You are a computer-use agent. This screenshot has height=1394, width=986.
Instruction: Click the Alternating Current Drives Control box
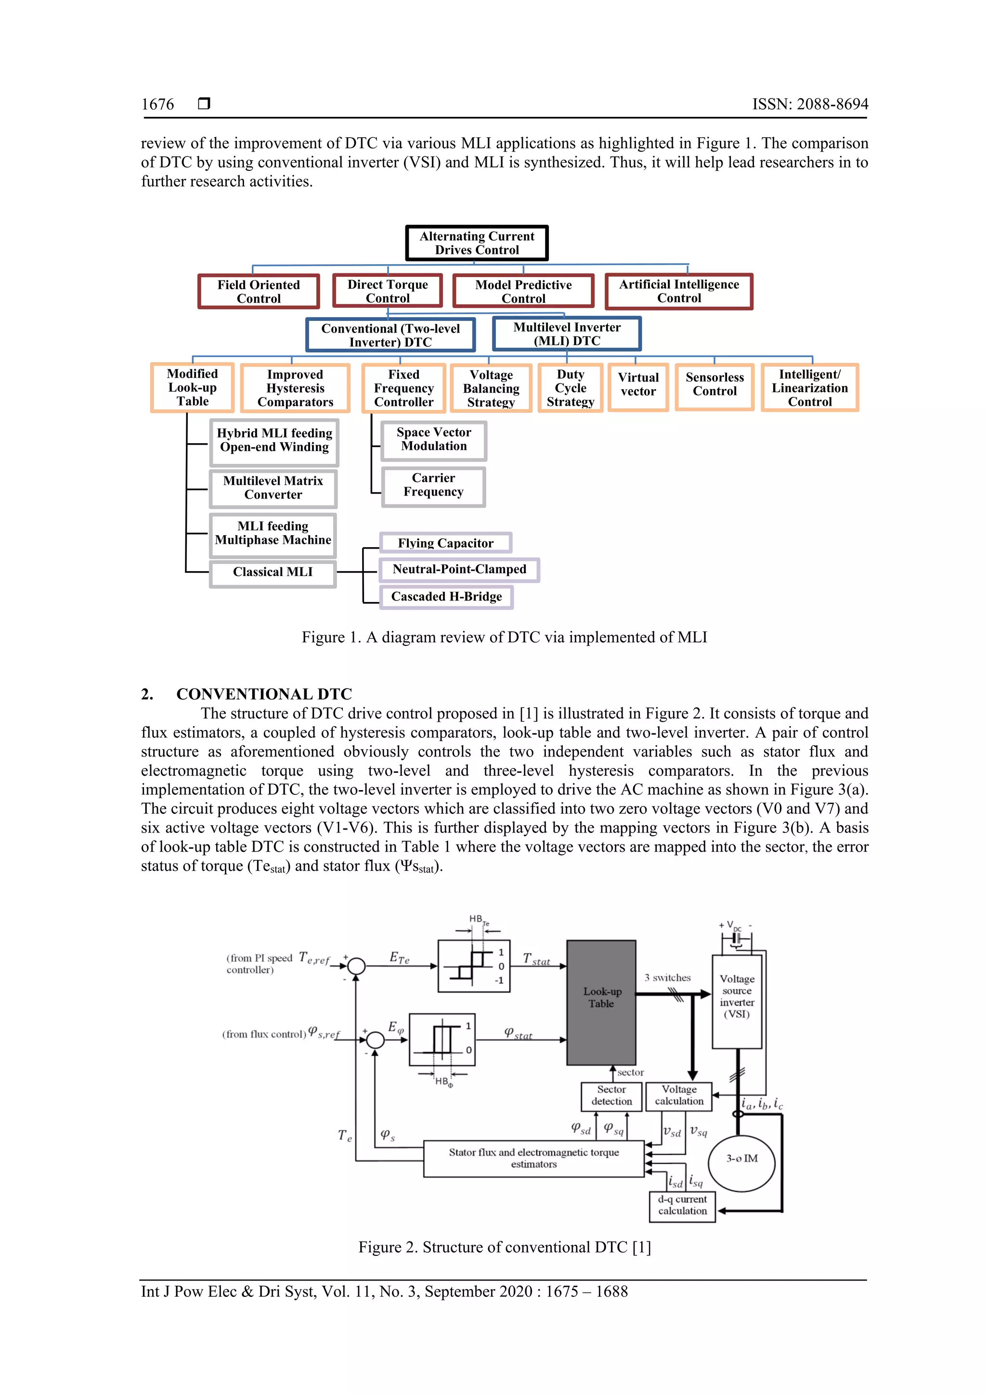pos(477,243)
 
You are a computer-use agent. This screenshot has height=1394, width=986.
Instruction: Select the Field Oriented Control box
pos(259,292)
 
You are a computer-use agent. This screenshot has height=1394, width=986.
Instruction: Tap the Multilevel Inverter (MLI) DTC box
pos(567,334)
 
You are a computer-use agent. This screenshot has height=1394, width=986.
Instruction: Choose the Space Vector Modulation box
pos(434,440)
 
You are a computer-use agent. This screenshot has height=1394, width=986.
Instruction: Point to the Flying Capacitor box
pos(445,543)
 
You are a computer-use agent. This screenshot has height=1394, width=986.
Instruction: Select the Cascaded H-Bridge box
pos(446,596)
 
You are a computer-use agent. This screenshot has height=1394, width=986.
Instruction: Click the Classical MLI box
pos(273,572)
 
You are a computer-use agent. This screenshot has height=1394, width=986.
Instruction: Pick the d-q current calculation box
pos(682,1205)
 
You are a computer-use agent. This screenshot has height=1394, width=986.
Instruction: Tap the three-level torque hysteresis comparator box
pos(474,966)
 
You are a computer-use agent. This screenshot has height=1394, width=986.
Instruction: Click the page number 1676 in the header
pos(157,104)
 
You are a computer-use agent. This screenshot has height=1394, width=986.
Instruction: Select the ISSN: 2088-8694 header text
pos(810,104)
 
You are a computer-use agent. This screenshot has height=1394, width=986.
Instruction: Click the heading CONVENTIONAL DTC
pos(264,694)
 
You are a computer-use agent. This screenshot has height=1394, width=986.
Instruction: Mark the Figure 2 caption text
pos(504,1247)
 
